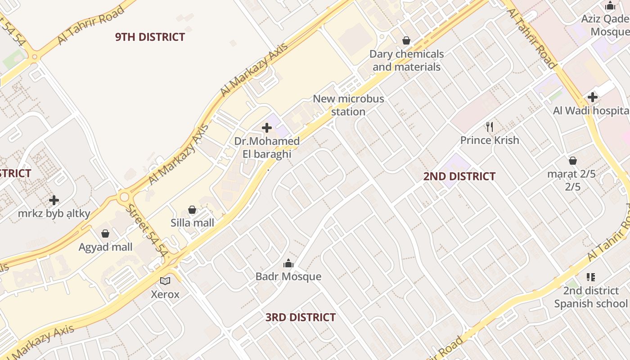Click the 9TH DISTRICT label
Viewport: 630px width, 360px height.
(x=150, y=37)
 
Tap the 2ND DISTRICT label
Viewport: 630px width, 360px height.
(x=459, y=176)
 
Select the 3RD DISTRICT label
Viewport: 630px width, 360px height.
(x=300, y=317)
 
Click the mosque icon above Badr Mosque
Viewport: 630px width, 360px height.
(x=288, y=264)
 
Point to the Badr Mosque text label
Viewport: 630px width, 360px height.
(x=288, y=276)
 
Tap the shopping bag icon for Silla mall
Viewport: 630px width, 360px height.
(x=192, y=210)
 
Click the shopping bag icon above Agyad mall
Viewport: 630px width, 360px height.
(x=105, y=234)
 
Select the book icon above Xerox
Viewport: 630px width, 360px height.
(x=165, y=281)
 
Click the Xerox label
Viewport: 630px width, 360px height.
(x=165, y=294)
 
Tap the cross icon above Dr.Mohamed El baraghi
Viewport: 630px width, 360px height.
(x=267, y=128)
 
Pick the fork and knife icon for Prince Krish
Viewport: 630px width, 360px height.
(x=490, y=127)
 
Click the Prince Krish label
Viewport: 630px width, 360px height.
(x=490, y=140)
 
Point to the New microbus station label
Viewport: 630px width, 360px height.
(x=348, y=105)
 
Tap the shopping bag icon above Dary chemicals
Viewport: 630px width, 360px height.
(x=406, y=40)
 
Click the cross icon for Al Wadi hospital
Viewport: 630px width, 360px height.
(x=592, y=97)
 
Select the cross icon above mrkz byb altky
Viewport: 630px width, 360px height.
(x=54, y=200)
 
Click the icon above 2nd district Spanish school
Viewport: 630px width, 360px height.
(x=591, y=277)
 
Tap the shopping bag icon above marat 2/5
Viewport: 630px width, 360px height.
(x=573, y=161)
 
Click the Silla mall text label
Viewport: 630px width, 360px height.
(x=192, y=223)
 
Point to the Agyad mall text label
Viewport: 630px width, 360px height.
(x=105, y=247)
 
